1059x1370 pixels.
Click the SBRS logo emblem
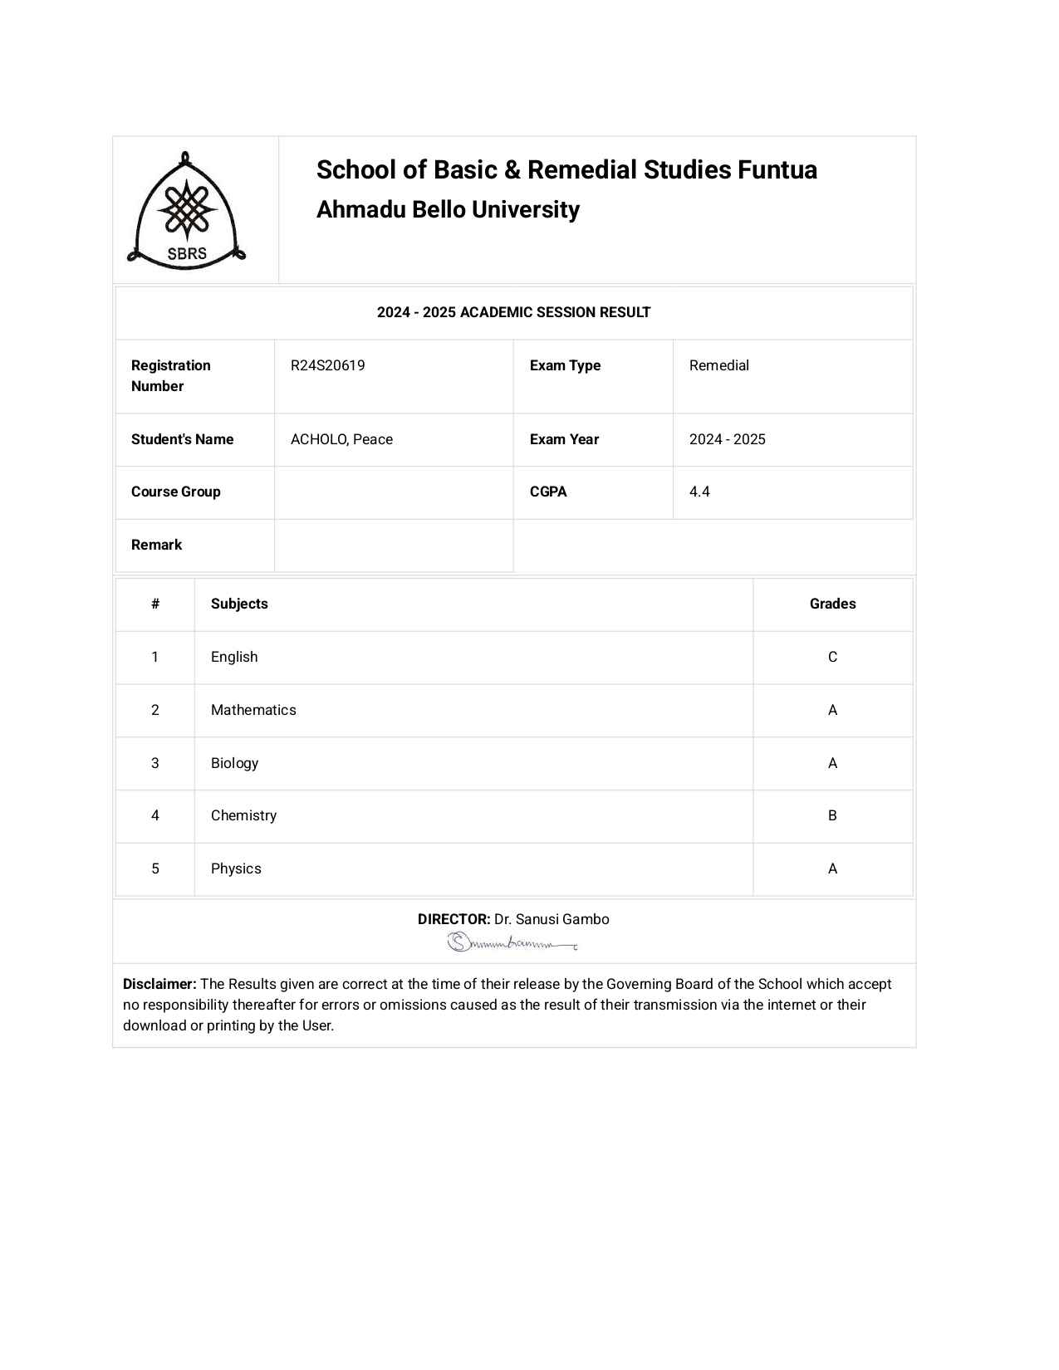click(x=187, y=209)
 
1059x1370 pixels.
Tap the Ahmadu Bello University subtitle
click(x=448, y=210)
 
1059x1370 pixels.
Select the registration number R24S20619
click(x=327, y=365)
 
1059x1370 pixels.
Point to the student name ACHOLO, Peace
click(x=341, y=439)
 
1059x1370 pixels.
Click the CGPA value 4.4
click(x=699, y=492)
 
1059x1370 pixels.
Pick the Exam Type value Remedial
click(x=718, y=365)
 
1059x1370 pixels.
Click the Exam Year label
click(x=564, y=439)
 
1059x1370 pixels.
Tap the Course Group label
click(x=176, y=492)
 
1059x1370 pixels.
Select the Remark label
click(x=156, y=545)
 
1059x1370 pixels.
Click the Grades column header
click(x=832, y=604)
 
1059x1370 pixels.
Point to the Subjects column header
click(x=239, y=604)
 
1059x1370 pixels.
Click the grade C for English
click(x=832, y=657)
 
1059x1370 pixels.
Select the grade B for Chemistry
click(x=832, y=815)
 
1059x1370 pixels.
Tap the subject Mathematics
click(x=253, y=710)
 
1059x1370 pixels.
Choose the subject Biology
click(x=234, y=763)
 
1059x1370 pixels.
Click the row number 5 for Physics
click(x=155, y=868)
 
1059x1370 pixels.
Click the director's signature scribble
click(x=512, y=942)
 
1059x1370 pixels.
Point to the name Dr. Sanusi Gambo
click(x=552, y=919)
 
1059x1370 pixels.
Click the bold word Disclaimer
click(x=159, y=984)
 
